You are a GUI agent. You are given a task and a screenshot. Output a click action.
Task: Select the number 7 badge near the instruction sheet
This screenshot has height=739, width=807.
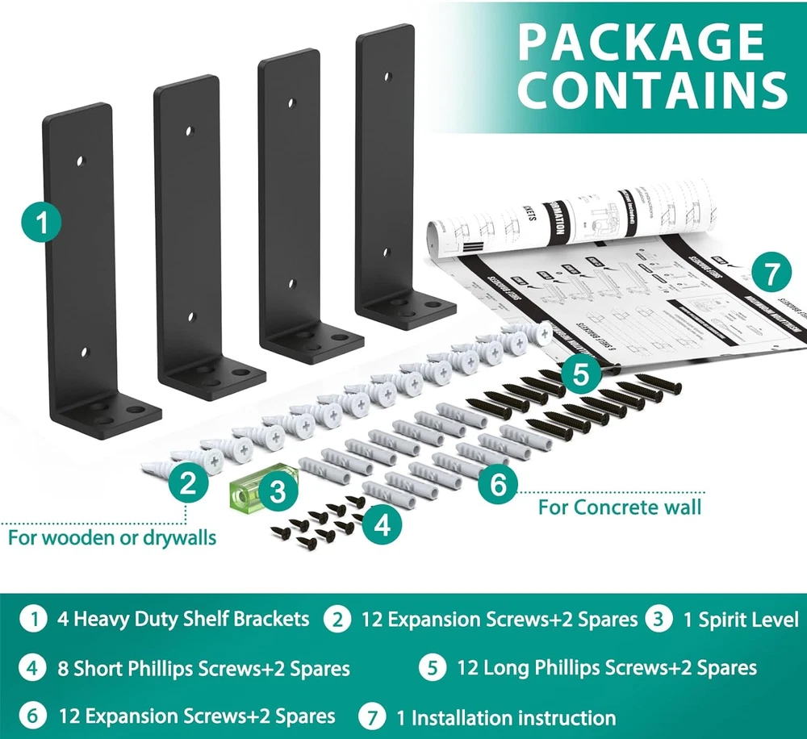772,274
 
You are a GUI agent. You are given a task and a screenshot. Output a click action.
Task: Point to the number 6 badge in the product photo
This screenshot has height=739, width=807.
498,485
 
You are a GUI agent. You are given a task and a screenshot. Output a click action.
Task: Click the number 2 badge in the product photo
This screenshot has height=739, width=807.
187,485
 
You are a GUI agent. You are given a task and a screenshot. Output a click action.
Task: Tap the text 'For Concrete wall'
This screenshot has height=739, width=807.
620,507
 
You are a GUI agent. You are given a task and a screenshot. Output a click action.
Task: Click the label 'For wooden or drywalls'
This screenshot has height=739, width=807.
112,537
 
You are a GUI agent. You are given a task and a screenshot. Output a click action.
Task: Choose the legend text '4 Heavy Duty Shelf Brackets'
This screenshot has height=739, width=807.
183,620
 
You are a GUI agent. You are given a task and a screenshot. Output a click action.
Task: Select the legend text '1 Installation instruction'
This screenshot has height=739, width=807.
505,717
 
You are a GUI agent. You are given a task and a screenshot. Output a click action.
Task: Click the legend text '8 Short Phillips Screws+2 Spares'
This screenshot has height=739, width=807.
212,669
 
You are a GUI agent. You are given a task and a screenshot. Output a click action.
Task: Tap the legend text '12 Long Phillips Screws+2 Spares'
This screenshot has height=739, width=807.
607,668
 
